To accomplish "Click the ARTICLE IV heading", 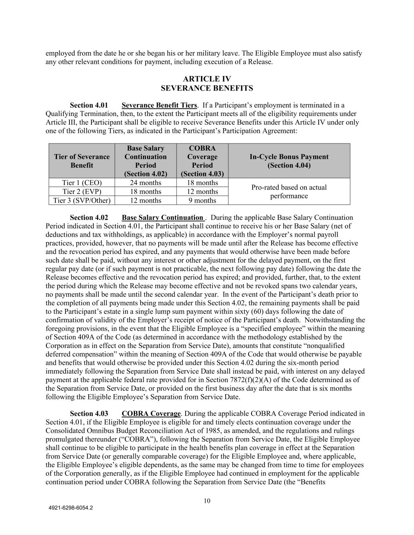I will (x=207, y=79).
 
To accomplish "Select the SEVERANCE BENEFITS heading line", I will (x=207, y=88).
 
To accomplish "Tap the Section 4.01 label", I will (x=89, y=105).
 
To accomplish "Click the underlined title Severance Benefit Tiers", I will (x=159, y=105).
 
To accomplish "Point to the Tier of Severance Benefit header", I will (x=82, y=161).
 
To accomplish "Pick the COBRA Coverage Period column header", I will (x=202, y=161).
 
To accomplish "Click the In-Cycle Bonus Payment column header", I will (x=289, y=161).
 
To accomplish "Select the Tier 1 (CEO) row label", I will (x=82, y=183).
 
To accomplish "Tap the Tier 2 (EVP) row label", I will (x=82, y=192).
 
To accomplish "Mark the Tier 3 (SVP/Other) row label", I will (x=82, y=201).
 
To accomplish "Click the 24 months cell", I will (x=146, y=183).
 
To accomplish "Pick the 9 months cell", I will (x=202, y=201).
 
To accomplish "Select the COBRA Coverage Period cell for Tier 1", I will (x=202, y=183).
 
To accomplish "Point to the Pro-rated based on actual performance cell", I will (x=289, y=192).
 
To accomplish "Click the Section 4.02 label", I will (x=89, y=218).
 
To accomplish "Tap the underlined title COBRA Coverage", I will (x=151, y=413).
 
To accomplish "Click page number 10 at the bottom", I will (x=207, y=501).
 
